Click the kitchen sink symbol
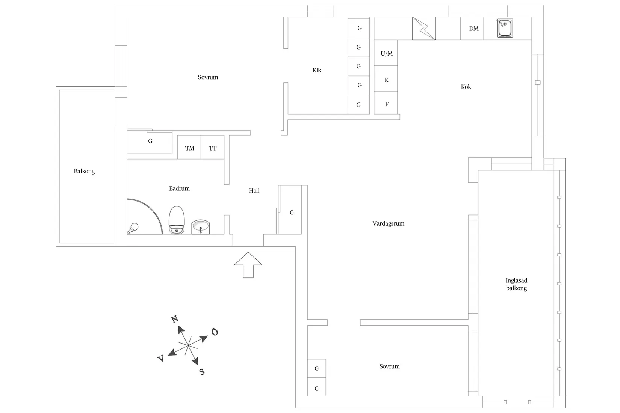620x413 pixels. click(505, 28)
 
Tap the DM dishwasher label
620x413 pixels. click(473, 29)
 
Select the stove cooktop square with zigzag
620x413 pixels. click(424, 28)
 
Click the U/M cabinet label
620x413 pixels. click(386, 54)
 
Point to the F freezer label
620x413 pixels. click(386, 104)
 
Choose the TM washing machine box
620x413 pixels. click(189, 148)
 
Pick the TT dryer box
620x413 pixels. click(213, 148)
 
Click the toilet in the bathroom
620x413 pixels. click(177, 220)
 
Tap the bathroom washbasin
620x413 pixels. click(201, 227)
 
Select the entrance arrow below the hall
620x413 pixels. click(248, 265)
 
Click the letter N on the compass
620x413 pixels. click(174, 320)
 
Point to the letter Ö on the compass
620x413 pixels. click(215, 332)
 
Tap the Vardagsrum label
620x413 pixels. click(388, 223)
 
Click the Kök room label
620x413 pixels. click(466, 87)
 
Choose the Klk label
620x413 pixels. click(316, 70)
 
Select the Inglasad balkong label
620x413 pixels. click(516, 284)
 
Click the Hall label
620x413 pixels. click(254, 191)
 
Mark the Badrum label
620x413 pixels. click(179, 188)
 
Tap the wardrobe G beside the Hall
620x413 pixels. click(292, 213)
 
